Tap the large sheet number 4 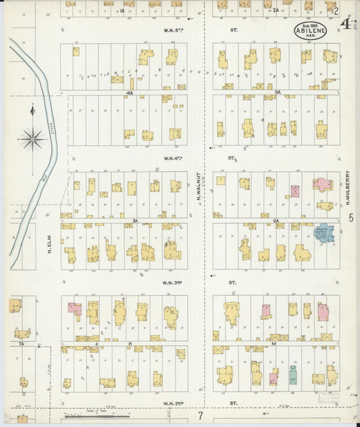[x=346, y=24]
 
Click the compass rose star [x=32, y=139]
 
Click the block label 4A [x=130, y=92]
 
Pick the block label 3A [x=277, y=92]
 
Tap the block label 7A [x=22, y=345]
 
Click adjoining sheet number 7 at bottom [x=200, y=414]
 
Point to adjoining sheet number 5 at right [x=351, y=218]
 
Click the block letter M [x=274, y=344]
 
